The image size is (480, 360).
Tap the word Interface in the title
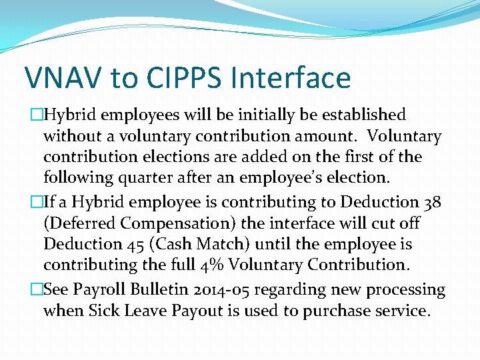(291, 78)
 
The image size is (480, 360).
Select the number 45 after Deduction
(130, 243)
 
